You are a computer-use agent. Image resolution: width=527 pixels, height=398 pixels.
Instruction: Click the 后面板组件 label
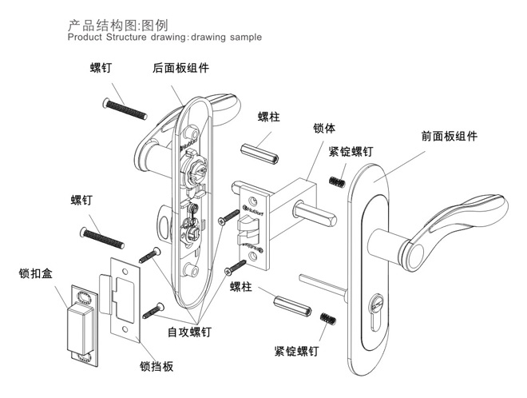point(180,69)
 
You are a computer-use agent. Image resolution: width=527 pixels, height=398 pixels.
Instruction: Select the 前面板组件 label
point(449,136)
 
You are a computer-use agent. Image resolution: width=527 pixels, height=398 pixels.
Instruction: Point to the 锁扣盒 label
point(35,274)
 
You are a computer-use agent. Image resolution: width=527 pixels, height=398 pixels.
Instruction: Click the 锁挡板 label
point(151,367)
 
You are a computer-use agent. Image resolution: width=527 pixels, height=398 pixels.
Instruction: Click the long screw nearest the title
point(125,106)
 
